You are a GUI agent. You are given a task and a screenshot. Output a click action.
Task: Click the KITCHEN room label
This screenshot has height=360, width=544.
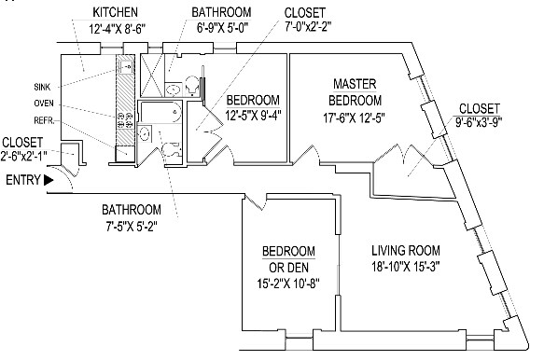pyautogui.click(x=115, y=12)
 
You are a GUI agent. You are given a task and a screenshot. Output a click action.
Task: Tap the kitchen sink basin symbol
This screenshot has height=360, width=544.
pyautogui.click(x=126, y=66)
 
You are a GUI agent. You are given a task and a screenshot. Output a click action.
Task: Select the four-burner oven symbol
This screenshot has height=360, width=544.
pyautogui.click(x=125, y=119)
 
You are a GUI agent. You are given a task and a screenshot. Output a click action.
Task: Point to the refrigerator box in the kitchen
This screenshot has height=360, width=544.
pyautogui.click(x=124, y=154)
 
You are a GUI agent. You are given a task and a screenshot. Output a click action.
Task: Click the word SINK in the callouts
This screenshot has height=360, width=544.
pyautogui.click(x=42, y=87)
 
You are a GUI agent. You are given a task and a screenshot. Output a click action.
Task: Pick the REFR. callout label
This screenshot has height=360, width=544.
pyautogui.click(x=44, y=120)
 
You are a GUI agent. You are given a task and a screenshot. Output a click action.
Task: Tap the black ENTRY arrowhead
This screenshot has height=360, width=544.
pyautogui.click(x=49, y=180)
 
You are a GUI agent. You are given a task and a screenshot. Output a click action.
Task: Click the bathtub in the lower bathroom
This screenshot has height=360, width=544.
pyautogui.click(x=160, y=112)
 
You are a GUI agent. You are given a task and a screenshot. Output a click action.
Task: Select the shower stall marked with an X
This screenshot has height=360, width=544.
pyautogui.click(x=151, y=75)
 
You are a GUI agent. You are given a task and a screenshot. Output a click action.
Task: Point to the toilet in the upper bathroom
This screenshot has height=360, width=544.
pyautogui.click(x=192, y=85)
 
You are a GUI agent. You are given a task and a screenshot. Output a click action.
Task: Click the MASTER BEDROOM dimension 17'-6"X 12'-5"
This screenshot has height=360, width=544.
pyautogui.click(x=355, y=118)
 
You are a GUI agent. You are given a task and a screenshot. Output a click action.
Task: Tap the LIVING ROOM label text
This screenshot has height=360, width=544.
pyautogui.click(x=406, y=250)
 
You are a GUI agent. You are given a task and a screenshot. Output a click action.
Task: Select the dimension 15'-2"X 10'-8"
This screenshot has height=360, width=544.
pyautogui.click(x=288, y=284)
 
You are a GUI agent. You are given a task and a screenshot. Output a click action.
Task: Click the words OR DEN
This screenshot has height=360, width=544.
pyautogui.click(x=288, y=268)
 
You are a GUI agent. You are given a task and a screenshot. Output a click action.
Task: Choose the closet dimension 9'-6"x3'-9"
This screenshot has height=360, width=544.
pyautogui.click(x=479, y=122)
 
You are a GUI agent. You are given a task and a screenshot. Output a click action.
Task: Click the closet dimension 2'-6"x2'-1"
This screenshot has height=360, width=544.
pyautogui.click(x=23, y=157)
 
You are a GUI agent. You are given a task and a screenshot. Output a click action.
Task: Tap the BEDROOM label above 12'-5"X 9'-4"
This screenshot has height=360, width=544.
pyautogui.click(x=253, y=100)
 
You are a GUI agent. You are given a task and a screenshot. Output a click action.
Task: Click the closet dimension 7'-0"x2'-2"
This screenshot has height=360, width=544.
pyautogui.click(x=308, y=27)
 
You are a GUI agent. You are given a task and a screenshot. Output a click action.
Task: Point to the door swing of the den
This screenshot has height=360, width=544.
pyautogui.click(x=256, y=201)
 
